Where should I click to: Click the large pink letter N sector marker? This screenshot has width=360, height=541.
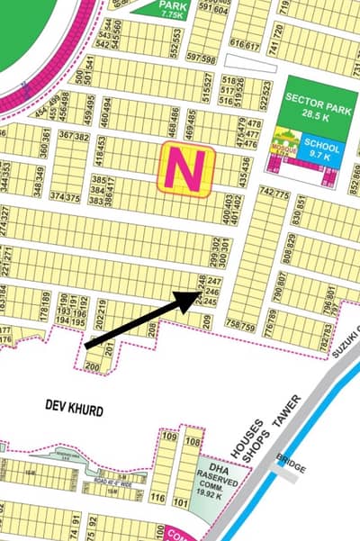(x=185, y=168)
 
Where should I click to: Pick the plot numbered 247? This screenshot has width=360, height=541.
(x=213, y=282)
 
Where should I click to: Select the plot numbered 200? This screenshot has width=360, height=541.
(x=92, y=367)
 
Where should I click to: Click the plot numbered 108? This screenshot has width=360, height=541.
(x=191, y=441)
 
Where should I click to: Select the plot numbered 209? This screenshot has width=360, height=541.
(x=207, y=319)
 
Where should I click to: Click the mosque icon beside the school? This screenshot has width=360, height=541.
(x=288, y=146)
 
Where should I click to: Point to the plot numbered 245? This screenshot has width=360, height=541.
(x=212, y=302)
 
